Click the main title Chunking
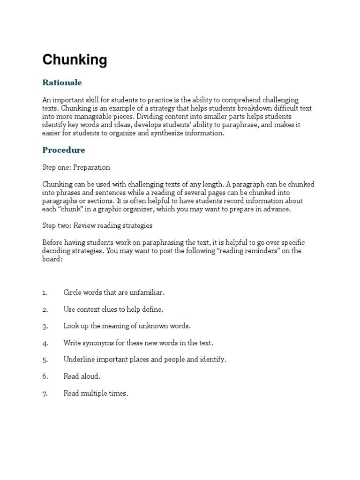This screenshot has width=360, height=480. pyautogui.click(x=75, y=60)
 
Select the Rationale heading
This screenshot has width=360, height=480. pyautogui.click(x=62, y=82)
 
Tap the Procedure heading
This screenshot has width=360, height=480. pyautogui.click(x=64, y=150)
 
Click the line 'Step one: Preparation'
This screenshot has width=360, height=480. pyautogui.click(x=76, y=167)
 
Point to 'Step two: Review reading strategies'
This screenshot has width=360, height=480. pyautogui.click(x=97, y=225)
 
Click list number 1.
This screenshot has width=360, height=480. pyautogui.click(x=45, y=292)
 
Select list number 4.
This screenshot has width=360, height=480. pyautogui.click(x=45, y=343)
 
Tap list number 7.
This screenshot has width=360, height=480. pyautogui.click(x=45, y=394)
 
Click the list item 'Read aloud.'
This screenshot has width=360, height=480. pyautogui.click(x=82, y=376)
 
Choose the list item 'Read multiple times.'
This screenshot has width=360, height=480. pyautogui.click(x=96, y=393)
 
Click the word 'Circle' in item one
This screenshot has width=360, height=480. pyautogui.click(x=72, y=292)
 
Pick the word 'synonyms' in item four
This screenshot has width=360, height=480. pyautogui.click(x=98, y=343)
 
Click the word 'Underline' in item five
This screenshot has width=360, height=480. pyautogui.click(x=78, y=360)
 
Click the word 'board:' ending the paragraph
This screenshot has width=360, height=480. pyautogui.click(x=52, y=259)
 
